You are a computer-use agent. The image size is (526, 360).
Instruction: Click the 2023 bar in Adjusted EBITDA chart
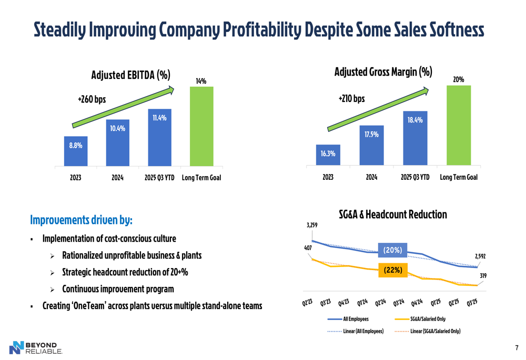[x=75, y=151]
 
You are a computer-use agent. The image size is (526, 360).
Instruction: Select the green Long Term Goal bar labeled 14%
[x=201, y=126]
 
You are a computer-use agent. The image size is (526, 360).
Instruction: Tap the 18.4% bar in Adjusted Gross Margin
[x=415, y=138]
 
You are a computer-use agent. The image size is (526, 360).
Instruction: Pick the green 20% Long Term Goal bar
[x=458, y=126]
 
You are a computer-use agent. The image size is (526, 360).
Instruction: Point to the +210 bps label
[x=351, y=98]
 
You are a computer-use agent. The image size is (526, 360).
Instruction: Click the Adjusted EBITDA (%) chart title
[x=130, y=75]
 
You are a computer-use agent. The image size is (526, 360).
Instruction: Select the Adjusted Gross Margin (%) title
[x=383, y=71]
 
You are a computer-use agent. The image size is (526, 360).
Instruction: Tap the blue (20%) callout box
[x=392, y=250]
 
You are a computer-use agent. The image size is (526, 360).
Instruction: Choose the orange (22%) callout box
[x=393, y=270]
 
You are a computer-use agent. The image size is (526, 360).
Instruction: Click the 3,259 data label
[x=312, y=225]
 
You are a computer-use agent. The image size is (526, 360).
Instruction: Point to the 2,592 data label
[x=480, y=256]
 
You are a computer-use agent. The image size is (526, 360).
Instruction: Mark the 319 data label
[x=483, y=275]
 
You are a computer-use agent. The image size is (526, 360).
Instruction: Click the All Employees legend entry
[x=348, y=319]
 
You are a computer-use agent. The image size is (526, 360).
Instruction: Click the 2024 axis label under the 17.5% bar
[x=371, y=177]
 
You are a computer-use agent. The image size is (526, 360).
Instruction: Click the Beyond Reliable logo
[x=36, y=348]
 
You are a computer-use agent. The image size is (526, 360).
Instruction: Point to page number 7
[x=517, y=348]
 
